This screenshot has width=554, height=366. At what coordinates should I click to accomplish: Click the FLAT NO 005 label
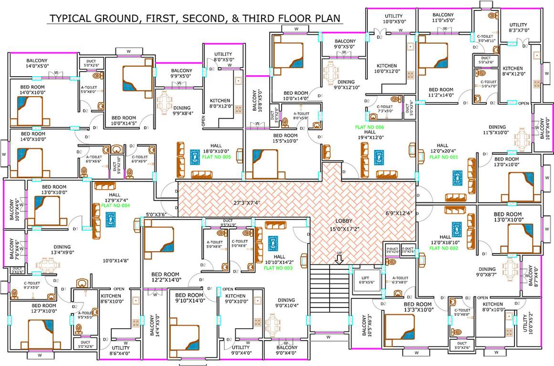coord(217,156)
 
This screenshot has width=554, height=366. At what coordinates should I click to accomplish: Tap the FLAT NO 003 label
coord(278,268)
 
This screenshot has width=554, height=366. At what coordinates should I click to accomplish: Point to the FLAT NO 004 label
coord(115,206)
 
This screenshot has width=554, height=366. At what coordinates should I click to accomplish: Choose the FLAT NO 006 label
coord(369,127)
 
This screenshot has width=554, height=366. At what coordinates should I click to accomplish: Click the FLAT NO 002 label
coord(445,248)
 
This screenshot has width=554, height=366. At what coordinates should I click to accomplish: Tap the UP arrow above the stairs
coord(339,259)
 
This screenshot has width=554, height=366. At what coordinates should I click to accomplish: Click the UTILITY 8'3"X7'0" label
coord(518,28)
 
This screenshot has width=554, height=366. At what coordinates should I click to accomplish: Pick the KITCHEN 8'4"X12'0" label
coord(513,71)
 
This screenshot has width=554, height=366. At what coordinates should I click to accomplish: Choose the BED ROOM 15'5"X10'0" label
coord(285,139)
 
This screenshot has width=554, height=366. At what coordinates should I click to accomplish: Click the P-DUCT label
coord(392,250)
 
